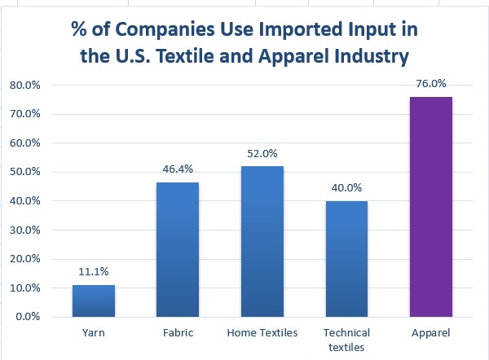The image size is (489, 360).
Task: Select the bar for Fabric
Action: click(178, 249)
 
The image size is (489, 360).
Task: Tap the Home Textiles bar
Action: click(262, 241)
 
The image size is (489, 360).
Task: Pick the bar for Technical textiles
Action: click(346, 258)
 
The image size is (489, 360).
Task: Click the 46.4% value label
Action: click(178, 171)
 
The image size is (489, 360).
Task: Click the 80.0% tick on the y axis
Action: click(26, 85)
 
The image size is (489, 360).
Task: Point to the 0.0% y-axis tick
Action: click(29, 317)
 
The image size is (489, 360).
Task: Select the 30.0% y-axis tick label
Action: click(26, 230)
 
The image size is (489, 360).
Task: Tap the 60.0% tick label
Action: click(26, 143)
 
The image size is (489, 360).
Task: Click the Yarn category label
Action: click(93, 332)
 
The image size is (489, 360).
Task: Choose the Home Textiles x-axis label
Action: click(262, 332)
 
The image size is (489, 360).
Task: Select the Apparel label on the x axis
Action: click(431, 332)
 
